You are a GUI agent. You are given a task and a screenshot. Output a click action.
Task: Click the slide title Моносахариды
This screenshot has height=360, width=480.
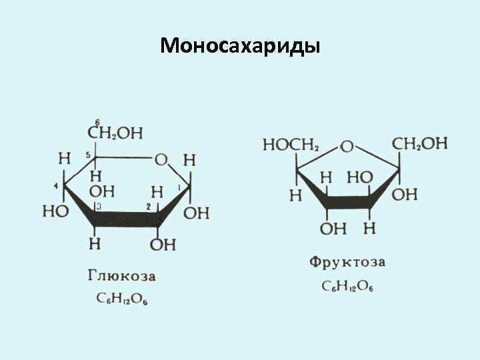click(240, 45)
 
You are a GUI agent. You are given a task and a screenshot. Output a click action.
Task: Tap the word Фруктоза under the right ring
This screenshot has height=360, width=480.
click(347, 262)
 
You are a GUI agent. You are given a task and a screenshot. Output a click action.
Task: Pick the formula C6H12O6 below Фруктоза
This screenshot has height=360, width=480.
click(347, 286)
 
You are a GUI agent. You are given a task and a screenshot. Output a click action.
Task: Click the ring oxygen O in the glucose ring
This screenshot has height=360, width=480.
click(161, 159)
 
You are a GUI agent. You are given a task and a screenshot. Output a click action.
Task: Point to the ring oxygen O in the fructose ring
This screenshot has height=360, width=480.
click(347, 146)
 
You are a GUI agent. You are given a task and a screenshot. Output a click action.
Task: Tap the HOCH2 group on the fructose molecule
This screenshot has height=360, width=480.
click(291, 144)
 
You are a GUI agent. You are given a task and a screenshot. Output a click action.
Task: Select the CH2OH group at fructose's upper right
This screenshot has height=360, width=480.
click(420, 143)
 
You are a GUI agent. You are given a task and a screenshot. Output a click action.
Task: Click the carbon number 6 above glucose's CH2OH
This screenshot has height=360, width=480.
click(97, 121)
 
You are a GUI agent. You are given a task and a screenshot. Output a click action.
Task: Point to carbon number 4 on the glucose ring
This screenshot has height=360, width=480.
click(56, 185)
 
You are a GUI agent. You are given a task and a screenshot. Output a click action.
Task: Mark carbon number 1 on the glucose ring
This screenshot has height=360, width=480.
click(179, 189)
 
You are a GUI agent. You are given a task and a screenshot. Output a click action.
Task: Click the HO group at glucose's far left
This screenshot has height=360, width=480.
click(55, 211)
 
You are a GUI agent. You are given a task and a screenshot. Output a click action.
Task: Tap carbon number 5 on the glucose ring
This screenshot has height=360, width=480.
click(87, 155)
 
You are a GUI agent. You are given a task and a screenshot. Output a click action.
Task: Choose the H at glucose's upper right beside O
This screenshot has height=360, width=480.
click(189, 160)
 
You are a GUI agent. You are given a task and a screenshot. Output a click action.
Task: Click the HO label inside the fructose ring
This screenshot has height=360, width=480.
click(359, 177)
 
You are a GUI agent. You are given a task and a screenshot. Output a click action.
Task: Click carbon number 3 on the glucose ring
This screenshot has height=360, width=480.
click(99, 207)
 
